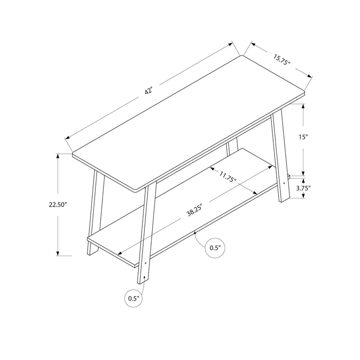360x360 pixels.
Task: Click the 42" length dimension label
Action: click(149, 90)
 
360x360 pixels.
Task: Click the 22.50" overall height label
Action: click(58, 205)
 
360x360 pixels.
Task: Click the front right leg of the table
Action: click(146, 234)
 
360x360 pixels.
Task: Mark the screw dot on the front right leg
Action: click(145, 263)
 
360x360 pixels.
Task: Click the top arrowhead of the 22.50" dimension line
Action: click(58, 156)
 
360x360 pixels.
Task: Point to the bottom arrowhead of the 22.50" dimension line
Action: click(58, 254)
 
